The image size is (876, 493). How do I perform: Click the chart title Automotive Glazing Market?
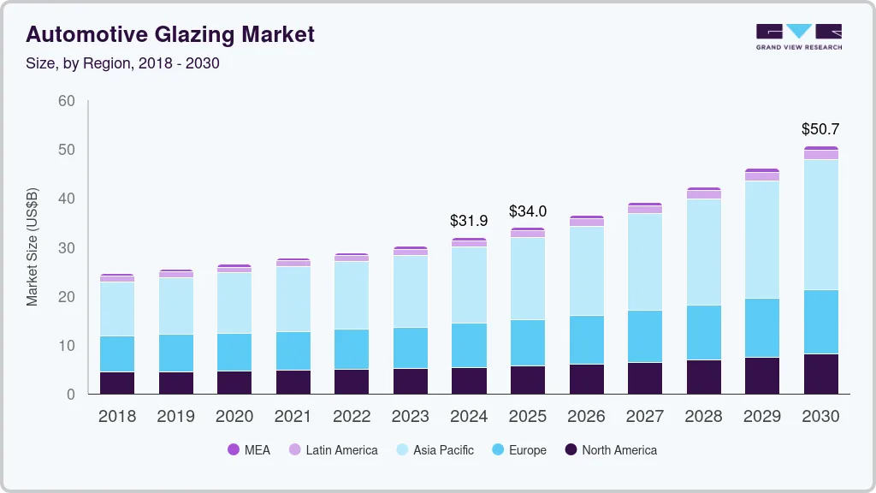pos(170,34)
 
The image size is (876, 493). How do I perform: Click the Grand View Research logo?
pos(798,37)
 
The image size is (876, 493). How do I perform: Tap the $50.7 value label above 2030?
pos(820,129)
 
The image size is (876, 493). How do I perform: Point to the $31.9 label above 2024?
pos(469,221)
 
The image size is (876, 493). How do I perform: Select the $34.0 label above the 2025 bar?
pos(528,211)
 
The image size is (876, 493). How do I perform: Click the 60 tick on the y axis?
pos(67,101)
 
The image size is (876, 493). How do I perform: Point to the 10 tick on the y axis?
pos(67,346)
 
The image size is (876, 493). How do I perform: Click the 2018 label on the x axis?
pos(117,417)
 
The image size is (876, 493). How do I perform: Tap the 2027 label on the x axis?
pos(645,417)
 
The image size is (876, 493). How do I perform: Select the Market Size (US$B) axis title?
pos(33,247)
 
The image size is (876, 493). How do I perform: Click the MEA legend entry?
pos(248,450)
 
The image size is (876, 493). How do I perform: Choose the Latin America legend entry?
pos(333,450)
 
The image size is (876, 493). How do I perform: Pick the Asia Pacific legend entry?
pos(434,450)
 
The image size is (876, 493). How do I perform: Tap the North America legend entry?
pos(610,450)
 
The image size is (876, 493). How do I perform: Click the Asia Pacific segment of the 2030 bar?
pos(821,224)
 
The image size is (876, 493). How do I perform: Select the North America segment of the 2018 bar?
pos(117,383)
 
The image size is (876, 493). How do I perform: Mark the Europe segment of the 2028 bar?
pos(703,332)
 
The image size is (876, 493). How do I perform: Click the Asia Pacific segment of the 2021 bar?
pos(293,299)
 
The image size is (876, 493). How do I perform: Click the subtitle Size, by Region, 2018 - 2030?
pos(122,62)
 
